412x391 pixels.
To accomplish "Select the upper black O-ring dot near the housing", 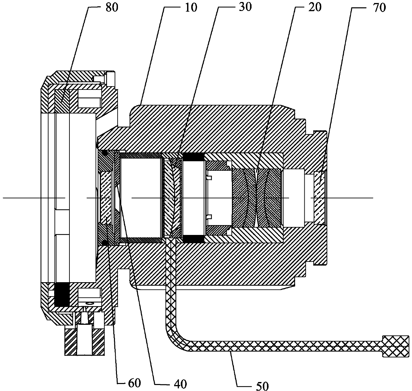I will [x=105, y=153].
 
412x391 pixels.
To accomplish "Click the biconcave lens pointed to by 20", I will [x=257, y=198].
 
